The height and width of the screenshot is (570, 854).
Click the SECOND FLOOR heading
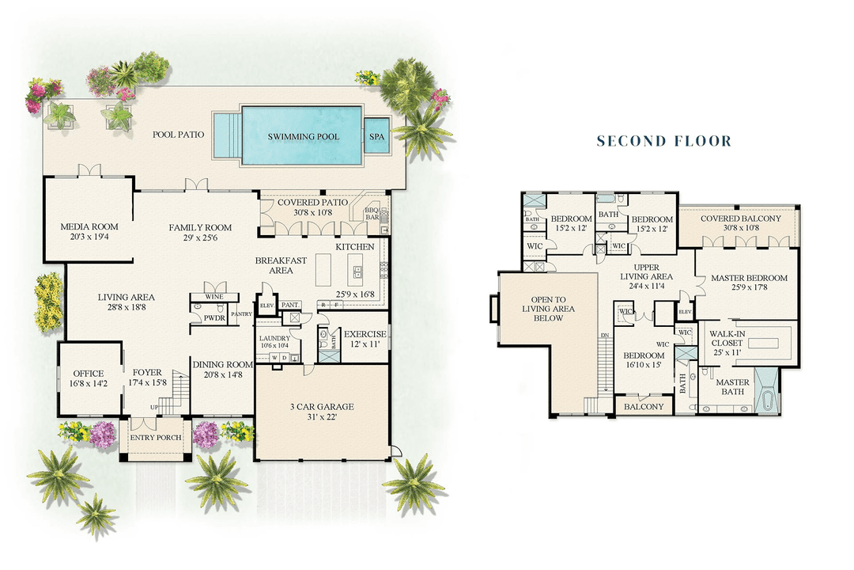tap(664, 142)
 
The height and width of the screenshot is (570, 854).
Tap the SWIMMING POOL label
tap(304, 137)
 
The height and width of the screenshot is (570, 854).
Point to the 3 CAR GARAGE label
tap(321, 407)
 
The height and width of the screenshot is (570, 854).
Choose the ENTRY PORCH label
tap(155, 438)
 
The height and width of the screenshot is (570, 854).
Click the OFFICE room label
tap(89, 374)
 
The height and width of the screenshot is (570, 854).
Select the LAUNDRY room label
tap(275, 338)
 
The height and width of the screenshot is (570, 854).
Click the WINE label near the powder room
tap(213, 297)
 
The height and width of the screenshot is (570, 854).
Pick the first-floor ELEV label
tap(266, 304)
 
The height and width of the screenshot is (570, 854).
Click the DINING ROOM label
tap(221, 365)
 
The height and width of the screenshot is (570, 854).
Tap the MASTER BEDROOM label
tap(749, 278)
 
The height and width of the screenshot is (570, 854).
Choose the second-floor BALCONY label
tap(644, 407)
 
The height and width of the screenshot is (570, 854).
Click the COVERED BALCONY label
tap(740, 218)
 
